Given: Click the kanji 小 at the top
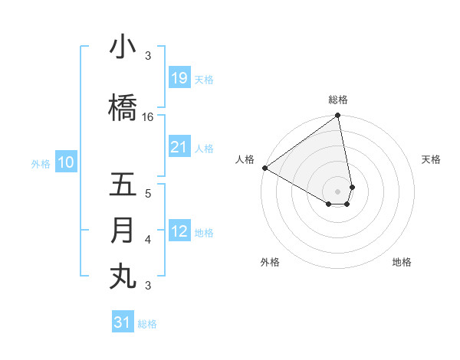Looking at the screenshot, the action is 123,47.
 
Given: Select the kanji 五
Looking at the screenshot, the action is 123,185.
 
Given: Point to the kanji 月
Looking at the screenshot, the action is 123,231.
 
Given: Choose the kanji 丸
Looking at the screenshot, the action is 123,276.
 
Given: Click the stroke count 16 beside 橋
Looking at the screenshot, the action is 148,117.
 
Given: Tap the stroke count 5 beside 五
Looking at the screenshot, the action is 148,193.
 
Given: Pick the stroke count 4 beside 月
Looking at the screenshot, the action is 148,240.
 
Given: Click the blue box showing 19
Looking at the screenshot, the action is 179,78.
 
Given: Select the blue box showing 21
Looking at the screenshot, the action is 179,147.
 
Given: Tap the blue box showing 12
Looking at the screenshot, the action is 179,231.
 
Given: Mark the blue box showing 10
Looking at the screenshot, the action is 66,162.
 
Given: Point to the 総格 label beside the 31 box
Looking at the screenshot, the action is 147,324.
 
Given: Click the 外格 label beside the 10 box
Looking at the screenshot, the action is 41,163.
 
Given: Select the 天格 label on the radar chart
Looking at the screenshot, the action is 431,159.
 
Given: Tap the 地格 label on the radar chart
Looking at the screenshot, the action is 402,262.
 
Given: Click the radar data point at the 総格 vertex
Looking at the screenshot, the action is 337,116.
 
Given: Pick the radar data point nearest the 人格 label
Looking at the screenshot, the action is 264,168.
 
